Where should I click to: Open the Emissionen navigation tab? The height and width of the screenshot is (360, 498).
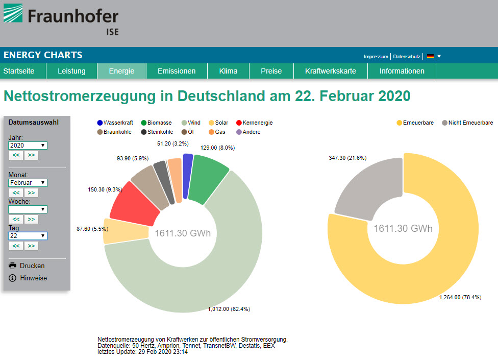(177, 71)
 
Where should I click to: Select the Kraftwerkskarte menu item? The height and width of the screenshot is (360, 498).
(331, 71)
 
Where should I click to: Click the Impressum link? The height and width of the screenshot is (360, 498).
(376, 56)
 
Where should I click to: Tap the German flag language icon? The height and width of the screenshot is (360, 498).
(430, 56)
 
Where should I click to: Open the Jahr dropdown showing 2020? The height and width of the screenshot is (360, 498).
(28, 146)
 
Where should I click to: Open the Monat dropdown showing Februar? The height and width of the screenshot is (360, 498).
(28, 182)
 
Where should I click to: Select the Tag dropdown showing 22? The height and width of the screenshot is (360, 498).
(28, 236)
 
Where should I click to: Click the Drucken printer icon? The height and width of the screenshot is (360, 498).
(13, 266)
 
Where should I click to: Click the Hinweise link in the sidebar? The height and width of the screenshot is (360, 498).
(33, 278)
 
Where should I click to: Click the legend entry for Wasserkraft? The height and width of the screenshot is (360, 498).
(115, 123)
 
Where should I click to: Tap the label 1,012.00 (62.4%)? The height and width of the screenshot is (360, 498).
(229, 309)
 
